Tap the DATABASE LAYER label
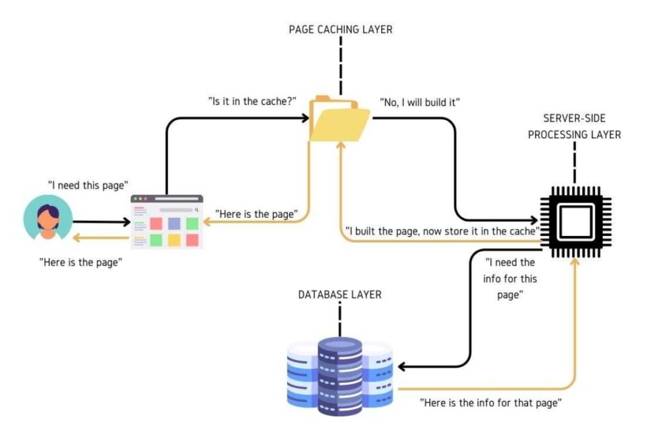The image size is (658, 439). tap(339, 294)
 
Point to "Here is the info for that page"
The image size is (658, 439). tap(492, 403)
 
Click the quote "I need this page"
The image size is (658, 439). tap(85, 184)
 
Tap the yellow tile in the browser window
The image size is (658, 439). tap(173, 240)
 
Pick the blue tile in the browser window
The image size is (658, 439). tap(173, 224)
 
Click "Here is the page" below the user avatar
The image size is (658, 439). tap(80, 262)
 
